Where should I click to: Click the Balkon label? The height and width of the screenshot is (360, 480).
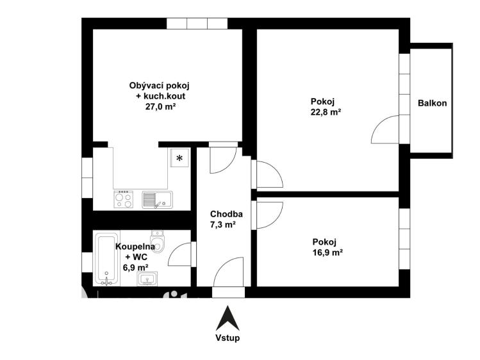432,103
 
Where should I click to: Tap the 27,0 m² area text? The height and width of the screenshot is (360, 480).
160,107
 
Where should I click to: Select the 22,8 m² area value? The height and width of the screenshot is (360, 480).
325,111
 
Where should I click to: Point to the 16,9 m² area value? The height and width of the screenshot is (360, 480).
327,252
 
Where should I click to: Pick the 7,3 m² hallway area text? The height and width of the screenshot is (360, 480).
223,225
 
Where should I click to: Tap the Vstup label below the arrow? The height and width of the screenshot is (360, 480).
227,338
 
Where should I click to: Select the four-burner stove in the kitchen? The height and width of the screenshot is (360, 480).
123,200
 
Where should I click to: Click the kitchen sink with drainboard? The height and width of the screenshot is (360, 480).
157,200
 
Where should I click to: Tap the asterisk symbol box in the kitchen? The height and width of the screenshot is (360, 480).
179,158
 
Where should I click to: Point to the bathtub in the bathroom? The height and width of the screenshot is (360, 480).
106,259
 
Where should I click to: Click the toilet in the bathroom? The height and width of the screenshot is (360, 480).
159,242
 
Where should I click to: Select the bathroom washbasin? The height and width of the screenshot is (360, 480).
149,279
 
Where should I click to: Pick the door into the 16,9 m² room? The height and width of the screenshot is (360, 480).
268,215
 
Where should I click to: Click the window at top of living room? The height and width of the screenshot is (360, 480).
197,23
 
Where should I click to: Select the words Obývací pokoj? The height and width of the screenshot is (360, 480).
160,85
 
